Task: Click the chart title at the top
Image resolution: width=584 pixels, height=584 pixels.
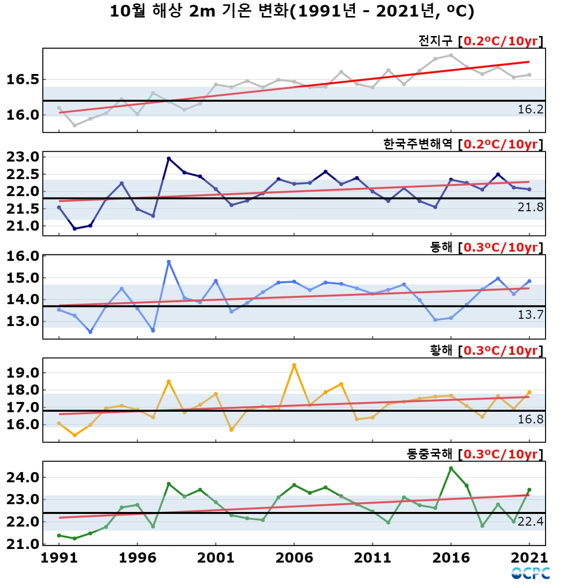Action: pos(292,12)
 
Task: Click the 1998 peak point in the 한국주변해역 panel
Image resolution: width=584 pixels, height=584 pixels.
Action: pos(169,159)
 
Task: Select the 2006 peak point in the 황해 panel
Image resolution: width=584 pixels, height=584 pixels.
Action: pos(294,365)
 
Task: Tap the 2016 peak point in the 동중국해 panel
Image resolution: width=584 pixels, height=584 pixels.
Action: pos(451,468)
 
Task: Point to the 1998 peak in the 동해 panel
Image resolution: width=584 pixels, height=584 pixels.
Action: pos(169,262)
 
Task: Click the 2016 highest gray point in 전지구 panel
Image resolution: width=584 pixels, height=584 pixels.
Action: pos(451,55)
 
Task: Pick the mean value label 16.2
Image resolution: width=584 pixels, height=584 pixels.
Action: pos(530,109)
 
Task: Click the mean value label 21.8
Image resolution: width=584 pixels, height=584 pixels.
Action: pos(530,207)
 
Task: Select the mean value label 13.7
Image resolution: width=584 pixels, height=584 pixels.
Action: pos(530,315)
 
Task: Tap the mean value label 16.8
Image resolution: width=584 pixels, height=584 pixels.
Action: pos(530,420)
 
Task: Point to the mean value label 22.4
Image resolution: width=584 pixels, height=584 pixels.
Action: pos(530,522)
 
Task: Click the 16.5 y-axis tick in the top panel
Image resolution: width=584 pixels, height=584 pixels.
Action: pos(23,80)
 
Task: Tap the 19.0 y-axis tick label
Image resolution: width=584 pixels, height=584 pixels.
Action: pos(23,373)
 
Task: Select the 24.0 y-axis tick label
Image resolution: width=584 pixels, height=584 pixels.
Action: pos(23,478)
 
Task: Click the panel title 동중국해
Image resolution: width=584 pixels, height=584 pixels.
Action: pos(429,454)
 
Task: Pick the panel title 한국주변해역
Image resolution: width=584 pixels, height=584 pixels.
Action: pos(418,144)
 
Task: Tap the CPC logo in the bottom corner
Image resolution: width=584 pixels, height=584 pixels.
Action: pos(530,573)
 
